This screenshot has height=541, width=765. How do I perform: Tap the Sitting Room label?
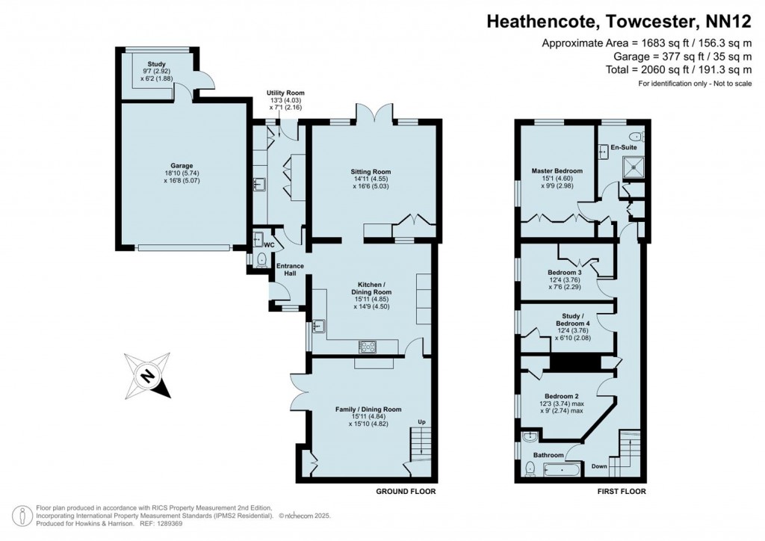pyautogui.click(x=371, y=172)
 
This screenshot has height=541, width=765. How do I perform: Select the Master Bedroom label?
pyautogui.click(x=557, y=171)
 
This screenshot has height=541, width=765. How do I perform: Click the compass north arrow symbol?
pyautogui.click(x=149, y=377)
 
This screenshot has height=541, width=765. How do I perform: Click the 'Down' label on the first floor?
pyautogui.click(x=599, y=466)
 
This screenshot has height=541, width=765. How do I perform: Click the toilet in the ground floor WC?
pyautogui.click(x=261, y=260)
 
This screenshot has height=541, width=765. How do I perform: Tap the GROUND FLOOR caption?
pyautogui.click(x=406, y=492)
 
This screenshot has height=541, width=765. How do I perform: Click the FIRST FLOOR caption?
pyautogui.click(x=621, y=492)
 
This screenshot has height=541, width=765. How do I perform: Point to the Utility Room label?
pyautogui.click(x=286, y=93)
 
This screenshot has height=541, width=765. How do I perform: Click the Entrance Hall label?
pyautogui.click(x=290, y=270)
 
